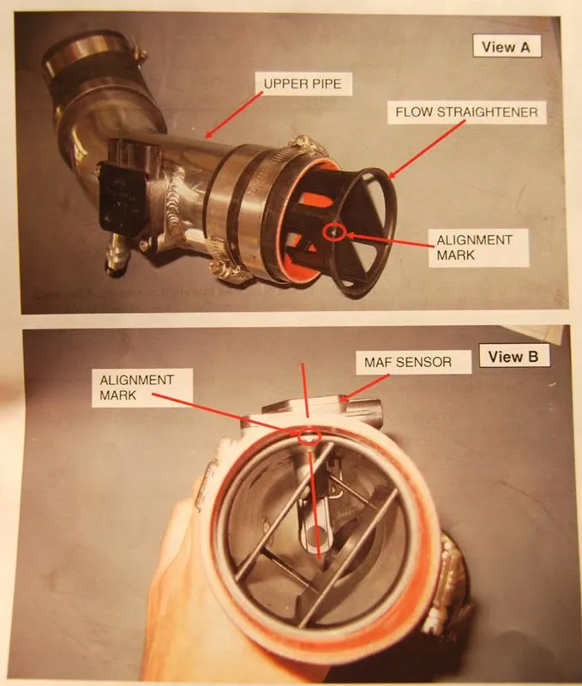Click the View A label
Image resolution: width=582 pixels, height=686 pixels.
506,47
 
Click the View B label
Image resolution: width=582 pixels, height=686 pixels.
513,357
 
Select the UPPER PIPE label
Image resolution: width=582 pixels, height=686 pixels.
303,83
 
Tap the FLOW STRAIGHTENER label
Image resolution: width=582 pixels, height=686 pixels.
466,112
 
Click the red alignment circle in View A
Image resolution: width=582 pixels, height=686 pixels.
334,232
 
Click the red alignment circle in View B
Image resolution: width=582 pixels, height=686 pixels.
309,436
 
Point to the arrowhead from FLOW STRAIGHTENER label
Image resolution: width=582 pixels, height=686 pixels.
392,174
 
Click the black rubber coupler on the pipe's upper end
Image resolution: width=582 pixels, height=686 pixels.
94,79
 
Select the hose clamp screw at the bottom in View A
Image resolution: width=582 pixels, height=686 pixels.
228,270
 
